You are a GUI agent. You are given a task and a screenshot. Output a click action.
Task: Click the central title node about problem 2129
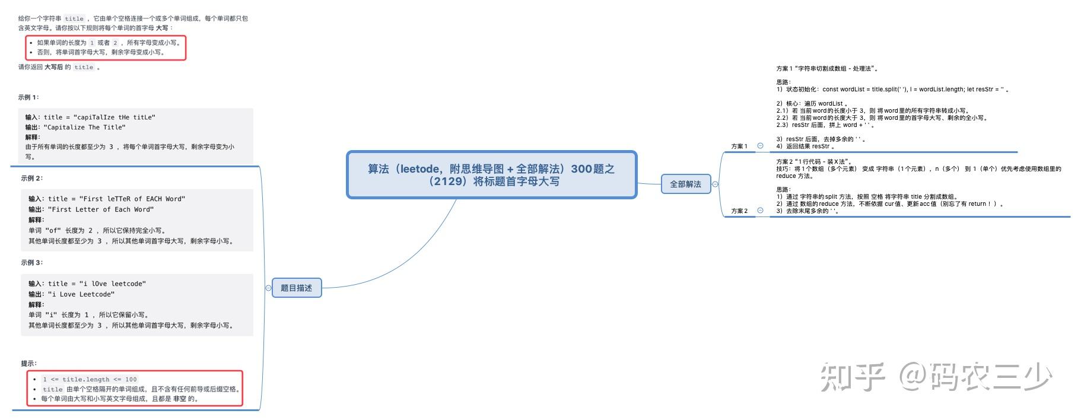[491, 175]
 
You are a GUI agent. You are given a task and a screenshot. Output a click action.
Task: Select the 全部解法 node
[685, 184]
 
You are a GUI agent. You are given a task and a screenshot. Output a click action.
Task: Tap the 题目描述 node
[296, 288]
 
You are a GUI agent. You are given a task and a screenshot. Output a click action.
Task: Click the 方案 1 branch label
[739, 146]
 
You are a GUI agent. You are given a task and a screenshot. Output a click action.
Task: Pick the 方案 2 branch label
[739, 211]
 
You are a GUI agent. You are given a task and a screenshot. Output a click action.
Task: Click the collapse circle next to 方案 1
[760, 145]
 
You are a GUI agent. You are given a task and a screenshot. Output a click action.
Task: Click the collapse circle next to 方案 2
[760, 210]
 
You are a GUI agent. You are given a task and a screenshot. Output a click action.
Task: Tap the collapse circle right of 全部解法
[715, 184]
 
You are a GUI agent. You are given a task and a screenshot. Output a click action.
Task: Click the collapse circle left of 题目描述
[268, 288]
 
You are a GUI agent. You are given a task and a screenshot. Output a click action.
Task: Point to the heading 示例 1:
[28, 97]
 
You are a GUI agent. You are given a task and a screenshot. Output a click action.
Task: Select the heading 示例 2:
[31, 178]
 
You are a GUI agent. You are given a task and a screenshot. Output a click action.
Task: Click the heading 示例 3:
[31, 262]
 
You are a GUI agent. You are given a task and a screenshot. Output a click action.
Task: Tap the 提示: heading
[28, 363]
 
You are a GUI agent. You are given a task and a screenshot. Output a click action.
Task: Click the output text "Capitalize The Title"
[84, 127]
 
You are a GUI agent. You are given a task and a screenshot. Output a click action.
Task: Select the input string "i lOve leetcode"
[112, 284]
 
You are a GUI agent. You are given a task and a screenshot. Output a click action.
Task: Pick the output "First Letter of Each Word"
[101, 209]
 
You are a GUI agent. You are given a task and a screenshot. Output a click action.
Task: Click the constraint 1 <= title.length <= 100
[90, 379]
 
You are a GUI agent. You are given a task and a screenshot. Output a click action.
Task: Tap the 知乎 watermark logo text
[853, 377]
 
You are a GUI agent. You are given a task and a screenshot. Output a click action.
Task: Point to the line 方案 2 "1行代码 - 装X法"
[814, 161]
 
